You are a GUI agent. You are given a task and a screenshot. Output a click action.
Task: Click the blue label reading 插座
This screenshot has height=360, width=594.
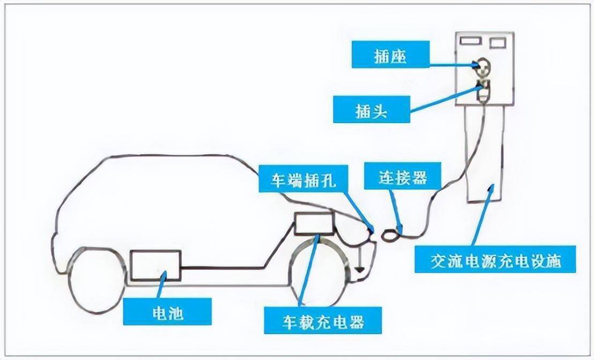[390, 55]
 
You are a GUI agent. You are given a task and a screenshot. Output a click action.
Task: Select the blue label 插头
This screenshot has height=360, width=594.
[371, 109]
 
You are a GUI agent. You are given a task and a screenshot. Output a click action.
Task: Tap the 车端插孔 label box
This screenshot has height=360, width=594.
[303, 178]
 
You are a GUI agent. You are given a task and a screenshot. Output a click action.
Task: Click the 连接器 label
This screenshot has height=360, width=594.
[403, 176]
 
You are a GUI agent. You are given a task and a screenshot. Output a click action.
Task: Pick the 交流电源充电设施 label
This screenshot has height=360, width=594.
[495, 259]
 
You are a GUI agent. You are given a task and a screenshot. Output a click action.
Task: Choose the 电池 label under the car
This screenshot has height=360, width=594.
[167, 311]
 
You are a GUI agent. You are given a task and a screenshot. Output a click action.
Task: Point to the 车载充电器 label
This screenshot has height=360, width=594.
[323, 320]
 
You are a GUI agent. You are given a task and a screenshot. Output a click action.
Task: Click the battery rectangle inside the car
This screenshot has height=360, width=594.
[155, 265]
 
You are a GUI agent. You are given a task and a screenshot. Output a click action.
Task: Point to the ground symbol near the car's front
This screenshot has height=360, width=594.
[359, 269]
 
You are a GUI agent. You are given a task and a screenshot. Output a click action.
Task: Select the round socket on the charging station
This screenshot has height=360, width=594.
[482, 66]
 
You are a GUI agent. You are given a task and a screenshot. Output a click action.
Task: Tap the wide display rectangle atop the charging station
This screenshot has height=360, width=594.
[470, 41]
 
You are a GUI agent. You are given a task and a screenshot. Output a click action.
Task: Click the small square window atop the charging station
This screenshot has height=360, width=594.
[498, 42]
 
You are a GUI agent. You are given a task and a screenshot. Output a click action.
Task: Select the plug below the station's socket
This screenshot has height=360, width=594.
[483, 91]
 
